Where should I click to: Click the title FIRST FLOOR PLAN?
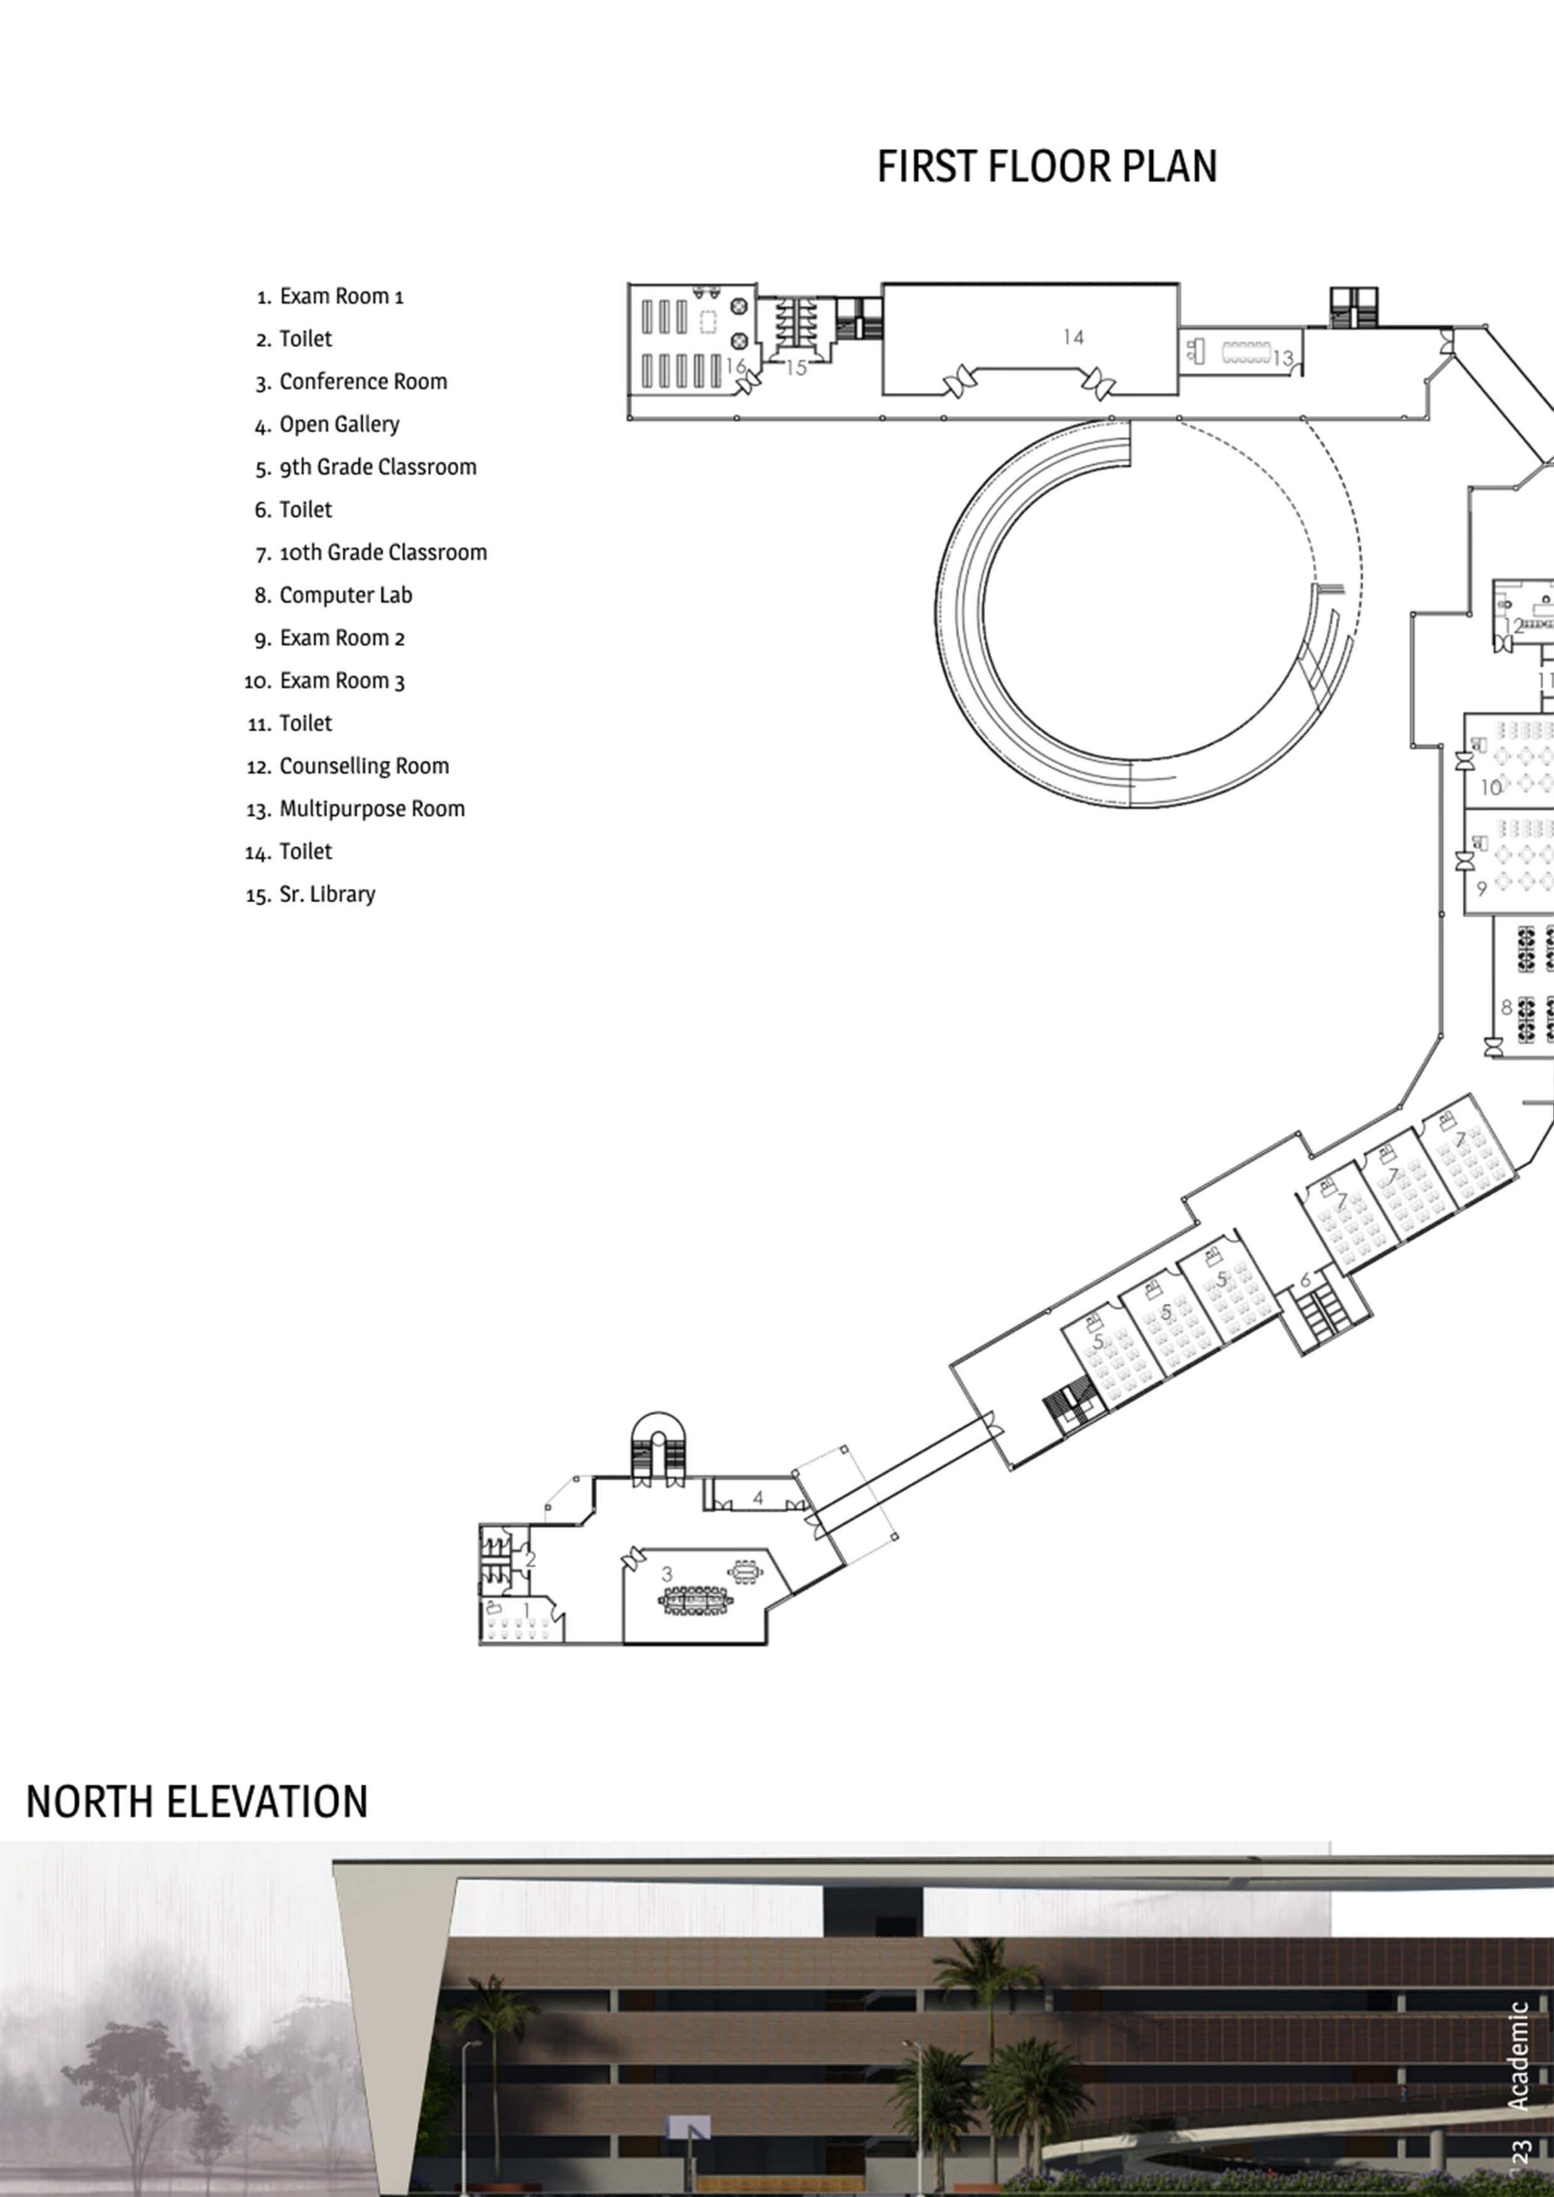tap(1047, 167)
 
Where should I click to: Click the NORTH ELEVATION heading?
tap(196, 1802)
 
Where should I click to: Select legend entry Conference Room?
tap(363, 382)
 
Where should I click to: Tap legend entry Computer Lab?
tap(346, 595)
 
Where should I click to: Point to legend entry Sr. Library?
tap(327, 894)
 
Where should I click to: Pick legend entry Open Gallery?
tap(339, 424)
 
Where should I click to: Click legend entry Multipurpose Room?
tap(371, 809)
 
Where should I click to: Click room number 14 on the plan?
tap(1073, 337)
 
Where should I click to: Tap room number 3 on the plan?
tap(667, 1574)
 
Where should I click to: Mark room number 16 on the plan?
tap(735, 366)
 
